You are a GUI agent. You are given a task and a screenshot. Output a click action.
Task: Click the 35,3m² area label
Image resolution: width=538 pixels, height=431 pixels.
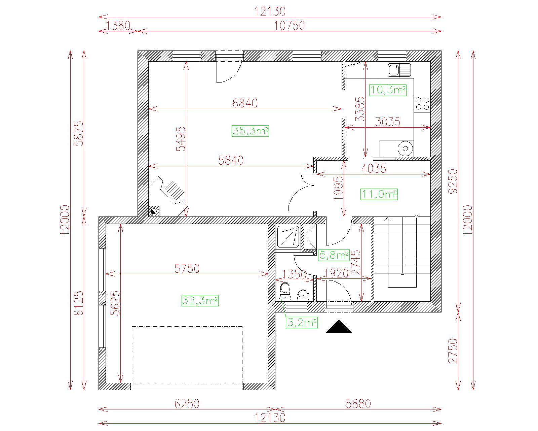tap(250, 131)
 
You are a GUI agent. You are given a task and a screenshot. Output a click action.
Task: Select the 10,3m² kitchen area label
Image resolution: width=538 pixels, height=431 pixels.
tap(388, 90)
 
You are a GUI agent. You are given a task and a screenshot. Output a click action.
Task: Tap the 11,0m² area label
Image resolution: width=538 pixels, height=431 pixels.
tap(379, 194)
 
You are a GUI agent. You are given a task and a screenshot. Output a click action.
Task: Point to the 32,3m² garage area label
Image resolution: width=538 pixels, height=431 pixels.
tap(200, 301)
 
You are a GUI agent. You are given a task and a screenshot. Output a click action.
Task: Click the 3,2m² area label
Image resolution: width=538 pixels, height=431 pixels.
tap(302, 323)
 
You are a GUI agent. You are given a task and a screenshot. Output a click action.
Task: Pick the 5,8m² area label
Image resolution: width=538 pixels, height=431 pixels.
tap(334, 255)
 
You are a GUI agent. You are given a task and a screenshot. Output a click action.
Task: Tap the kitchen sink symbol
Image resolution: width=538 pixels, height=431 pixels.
tap(399, 70)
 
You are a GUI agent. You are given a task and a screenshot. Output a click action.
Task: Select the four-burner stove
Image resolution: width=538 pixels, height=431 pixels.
tap(422, 104)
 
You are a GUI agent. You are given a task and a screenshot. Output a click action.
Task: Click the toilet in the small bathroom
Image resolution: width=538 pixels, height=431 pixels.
tap(285, 291)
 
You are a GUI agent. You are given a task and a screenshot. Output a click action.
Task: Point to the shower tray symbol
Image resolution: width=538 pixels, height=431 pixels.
tap(288, 237)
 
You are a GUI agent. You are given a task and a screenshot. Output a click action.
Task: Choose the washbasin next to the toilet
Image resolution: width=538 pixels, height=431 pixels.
tap(303, 295)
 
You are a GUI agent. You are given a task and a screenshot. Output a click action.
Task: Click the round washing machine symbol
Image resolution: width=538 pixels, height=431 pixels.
tap(405, 149)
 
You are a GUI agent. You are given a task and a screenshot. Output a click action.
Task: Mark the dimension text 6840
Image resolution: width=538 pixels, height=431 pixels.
tap(245, 103)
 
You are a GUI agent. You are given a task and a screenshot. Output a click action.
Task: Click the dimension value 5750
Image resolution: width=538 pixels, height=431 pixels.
tap(187, 269)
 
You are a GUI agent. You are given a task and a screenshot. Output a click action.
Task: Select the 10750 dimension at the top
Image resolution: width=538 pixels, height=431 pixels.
tap(289, 26)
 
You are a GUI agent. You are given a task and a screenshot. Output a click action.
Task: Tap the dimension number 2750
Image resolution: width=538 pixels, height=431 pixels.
tap(453, 351)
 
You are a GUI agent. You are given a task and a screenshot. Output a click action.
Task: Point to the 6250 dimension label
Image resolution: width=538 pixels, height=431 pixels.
tap(187, 404)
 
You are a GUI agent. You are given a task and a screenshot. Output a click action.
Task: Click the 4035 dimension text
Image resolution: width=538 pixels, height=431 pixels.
tap(374, 169)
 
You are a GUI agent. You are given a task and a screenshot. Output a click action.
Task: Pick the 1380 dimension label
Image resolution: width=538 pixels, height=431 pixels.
tap(118, 26)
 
